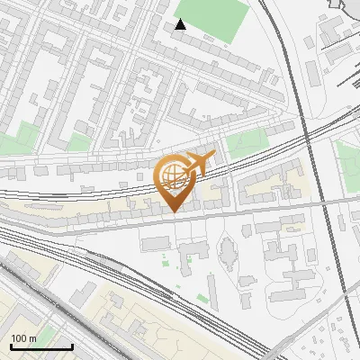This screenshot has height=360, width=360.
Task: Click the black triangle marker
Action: pyautogui.click(x=181, y=24)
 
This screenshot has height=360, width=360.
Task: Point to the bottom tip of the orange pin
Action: pyautogui.click(x=174, y=211)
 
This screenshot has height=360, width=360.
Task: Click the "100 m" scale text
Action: pyautogui.click(x=24, y=338)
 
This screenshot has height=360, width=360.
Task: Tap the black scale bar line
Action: pyautogui.click(x=41, y=346)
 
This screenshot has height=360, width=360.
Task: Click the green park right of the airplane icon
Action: pyautogui.click(x=247, y=143)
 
